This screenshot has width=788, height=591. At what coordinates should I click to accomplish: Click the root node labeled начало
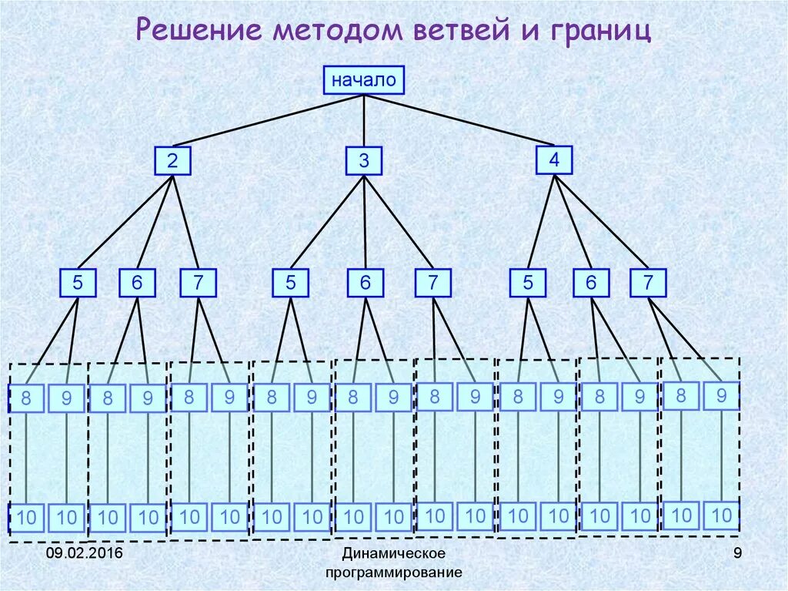point(363,79)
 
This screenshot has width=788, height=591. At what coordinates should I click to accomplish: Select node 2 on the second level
point(172,161)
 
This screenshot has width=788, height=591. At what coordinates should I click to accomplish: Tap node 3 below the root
point(364,161)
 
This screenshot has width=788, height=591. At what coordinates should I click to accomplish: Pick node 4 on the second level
point(554,160)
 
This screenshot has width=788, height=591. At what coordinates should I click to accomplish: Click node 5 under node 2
point(78,283)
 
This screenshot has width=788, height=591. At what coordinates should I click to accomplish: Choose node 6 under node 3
point(365,283)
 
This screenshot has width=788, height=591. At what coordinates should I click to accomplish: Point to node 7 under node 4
point(648,283)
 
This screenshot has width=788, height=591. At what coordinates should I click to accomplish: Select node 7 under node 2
point(199,283)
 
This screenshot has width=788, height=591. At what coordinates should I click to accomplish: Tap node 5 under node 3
point(290,283)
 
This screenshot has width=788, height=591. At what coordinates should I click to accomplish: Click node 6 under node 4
point(591,283)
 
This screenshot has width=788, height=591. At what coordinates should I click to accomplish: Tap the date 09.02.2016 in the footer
point(84,554)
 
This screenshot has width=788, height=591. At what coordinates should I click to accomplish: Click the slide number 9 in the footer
point(737,553)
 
